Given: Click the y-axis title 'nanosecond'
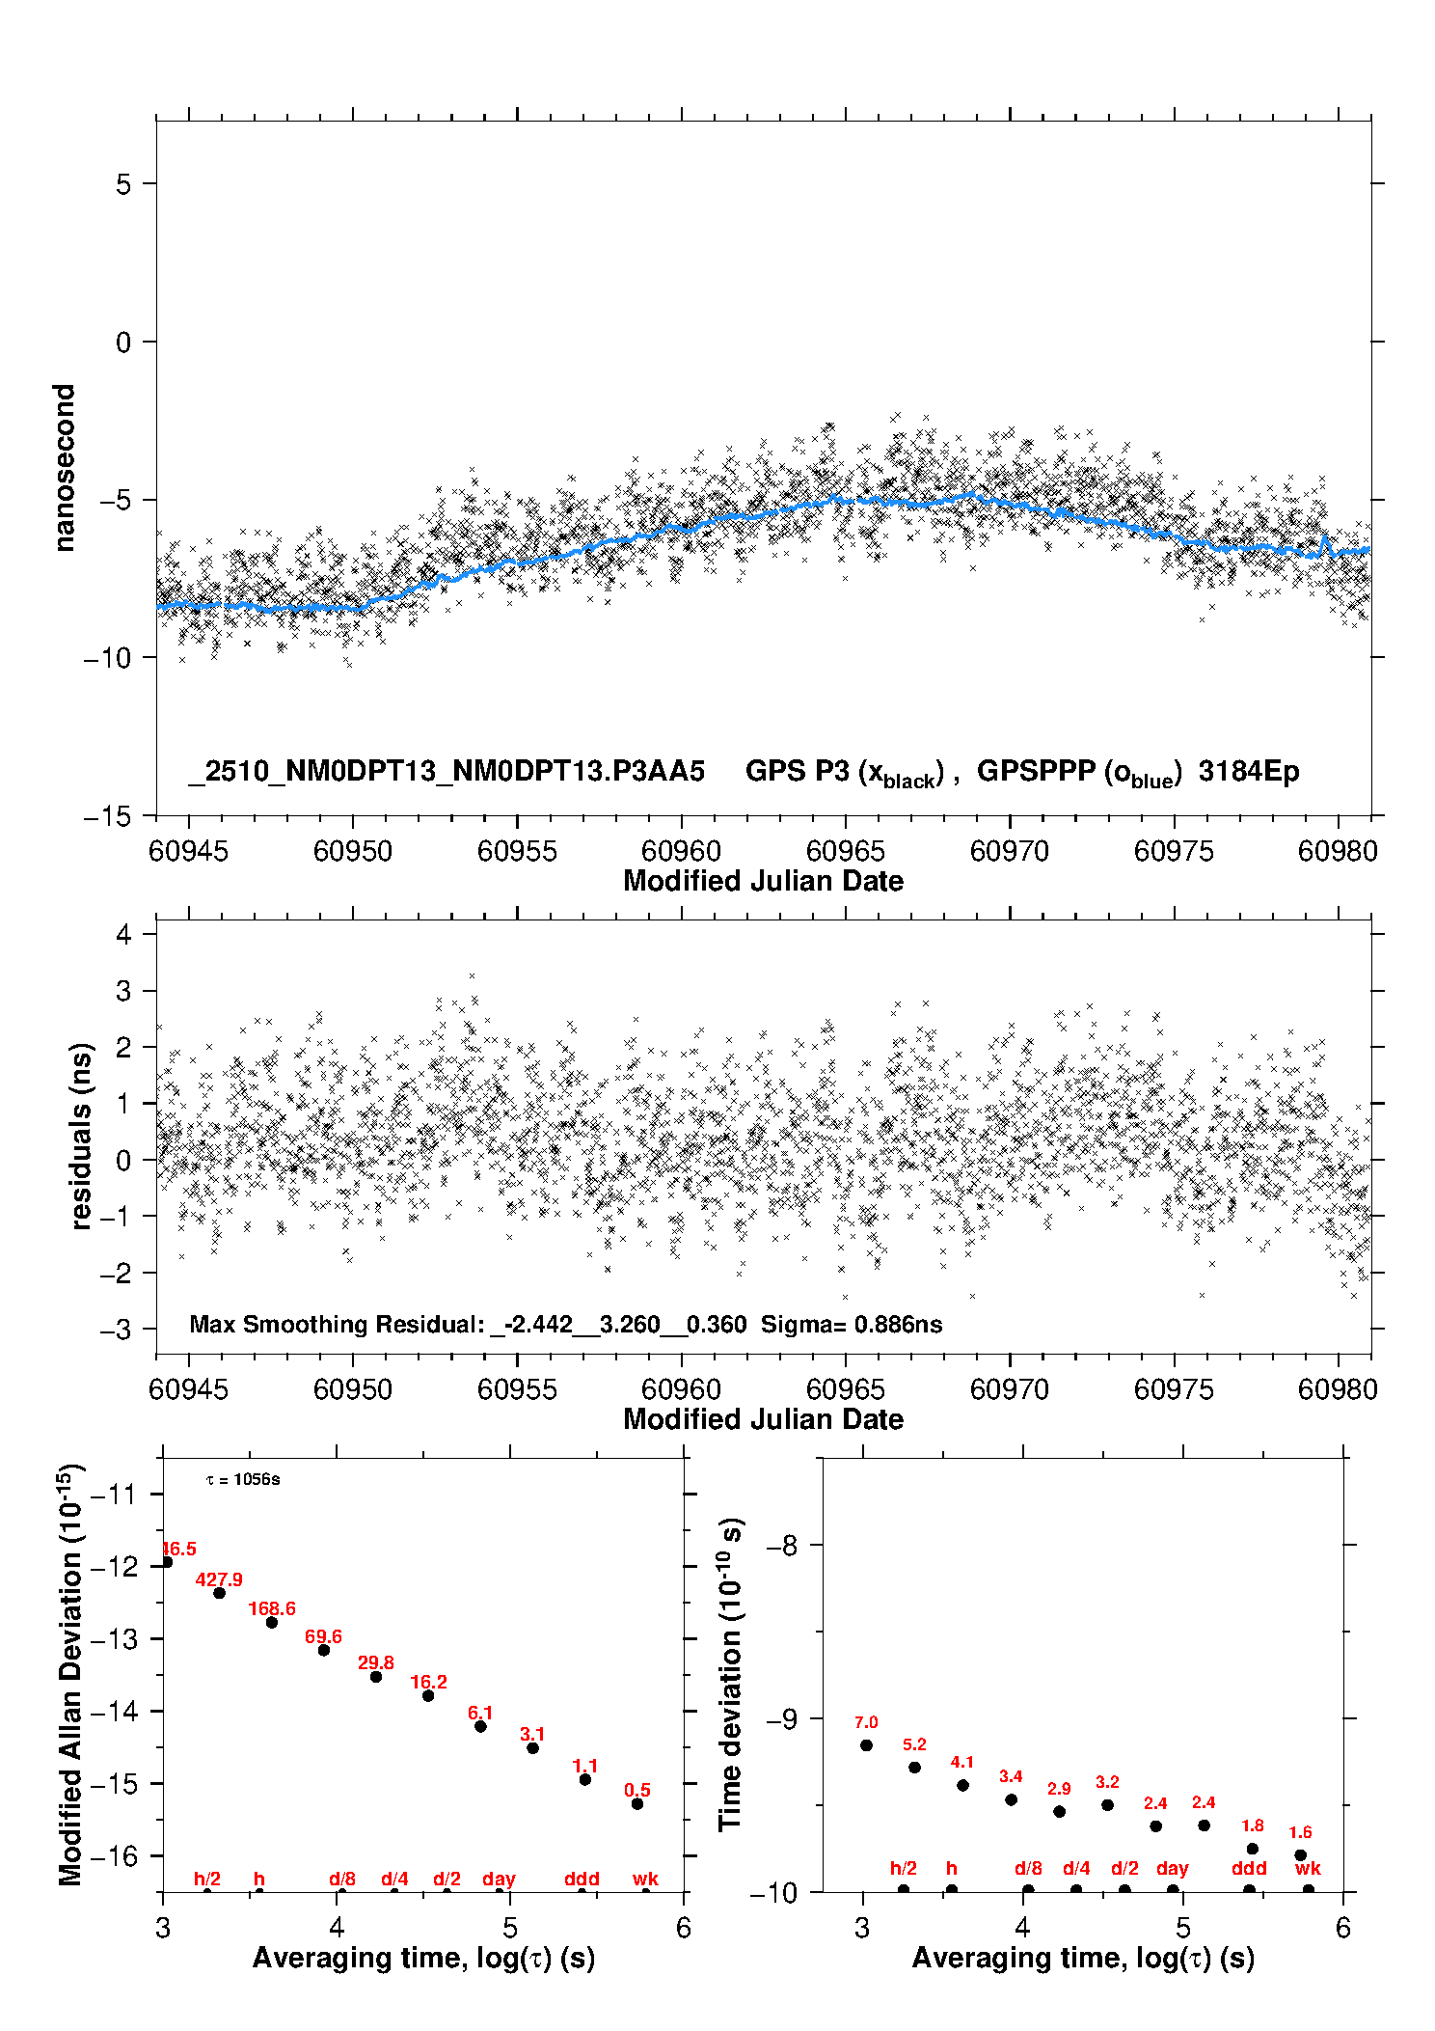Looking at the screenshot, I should pyautogui.click(x=65, y=468).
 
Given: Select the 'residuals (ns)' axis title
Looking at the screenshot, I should pyautogui.click(x=81, y=1136).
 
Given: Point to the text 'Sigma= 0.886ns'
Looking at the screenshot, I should pyautogui.click(x=852, y=1324).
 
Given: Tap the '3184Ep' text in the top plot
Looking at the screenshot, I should pyautogui.click(x=1249, y=771).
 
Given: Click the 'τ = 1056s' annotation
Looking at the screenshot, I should pyautogui.click(x=244, y=1479).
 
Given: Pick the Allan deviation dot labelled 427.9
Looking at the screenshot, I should pyautogui.click(x=220, y=1593).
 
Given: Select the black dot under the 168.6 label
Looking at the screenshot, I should pyautogui.click(x=272, y=1622).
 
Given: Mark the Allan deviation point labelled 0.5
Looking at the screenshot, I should pyautogui.click(x=637, y=1803).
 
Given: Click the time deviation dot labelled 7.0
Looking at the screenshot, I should pyautogui.click(x=866, y=1745).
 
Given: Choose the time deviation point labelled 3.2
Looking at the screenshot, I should pyautogui.click(x=1107, y=1804).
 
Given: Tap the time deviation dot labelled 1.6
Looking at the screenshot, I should pyautogui.click(x=1300, y=1854).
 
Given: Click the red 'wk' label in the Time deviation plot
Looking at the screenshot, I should pyautogui.click(x=1308, y=1869).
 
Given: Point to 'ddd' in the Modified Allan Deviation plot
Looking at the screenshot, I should pyautogui.click(x=582, y=1879).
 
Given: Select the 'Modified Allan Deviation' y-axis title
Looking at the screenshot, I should pyautogui.click(x=70, y=1675).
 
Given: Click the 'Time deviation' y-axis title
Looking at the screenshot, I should pyautogui.click(x=730, y=1674).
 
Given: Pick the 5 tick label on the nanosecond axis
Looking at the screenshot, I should pyautogui.click(x=123, y=183).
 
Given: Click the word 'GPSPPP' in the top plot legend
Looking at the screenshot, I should pyautogui.click(x=1036, y=771).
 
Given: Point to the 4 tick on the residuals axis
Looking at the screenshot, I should pyautogui.click(x=123, y=934).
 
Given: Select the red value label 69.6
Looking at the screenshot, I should pyautogui.click(x=323, y=1636).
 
